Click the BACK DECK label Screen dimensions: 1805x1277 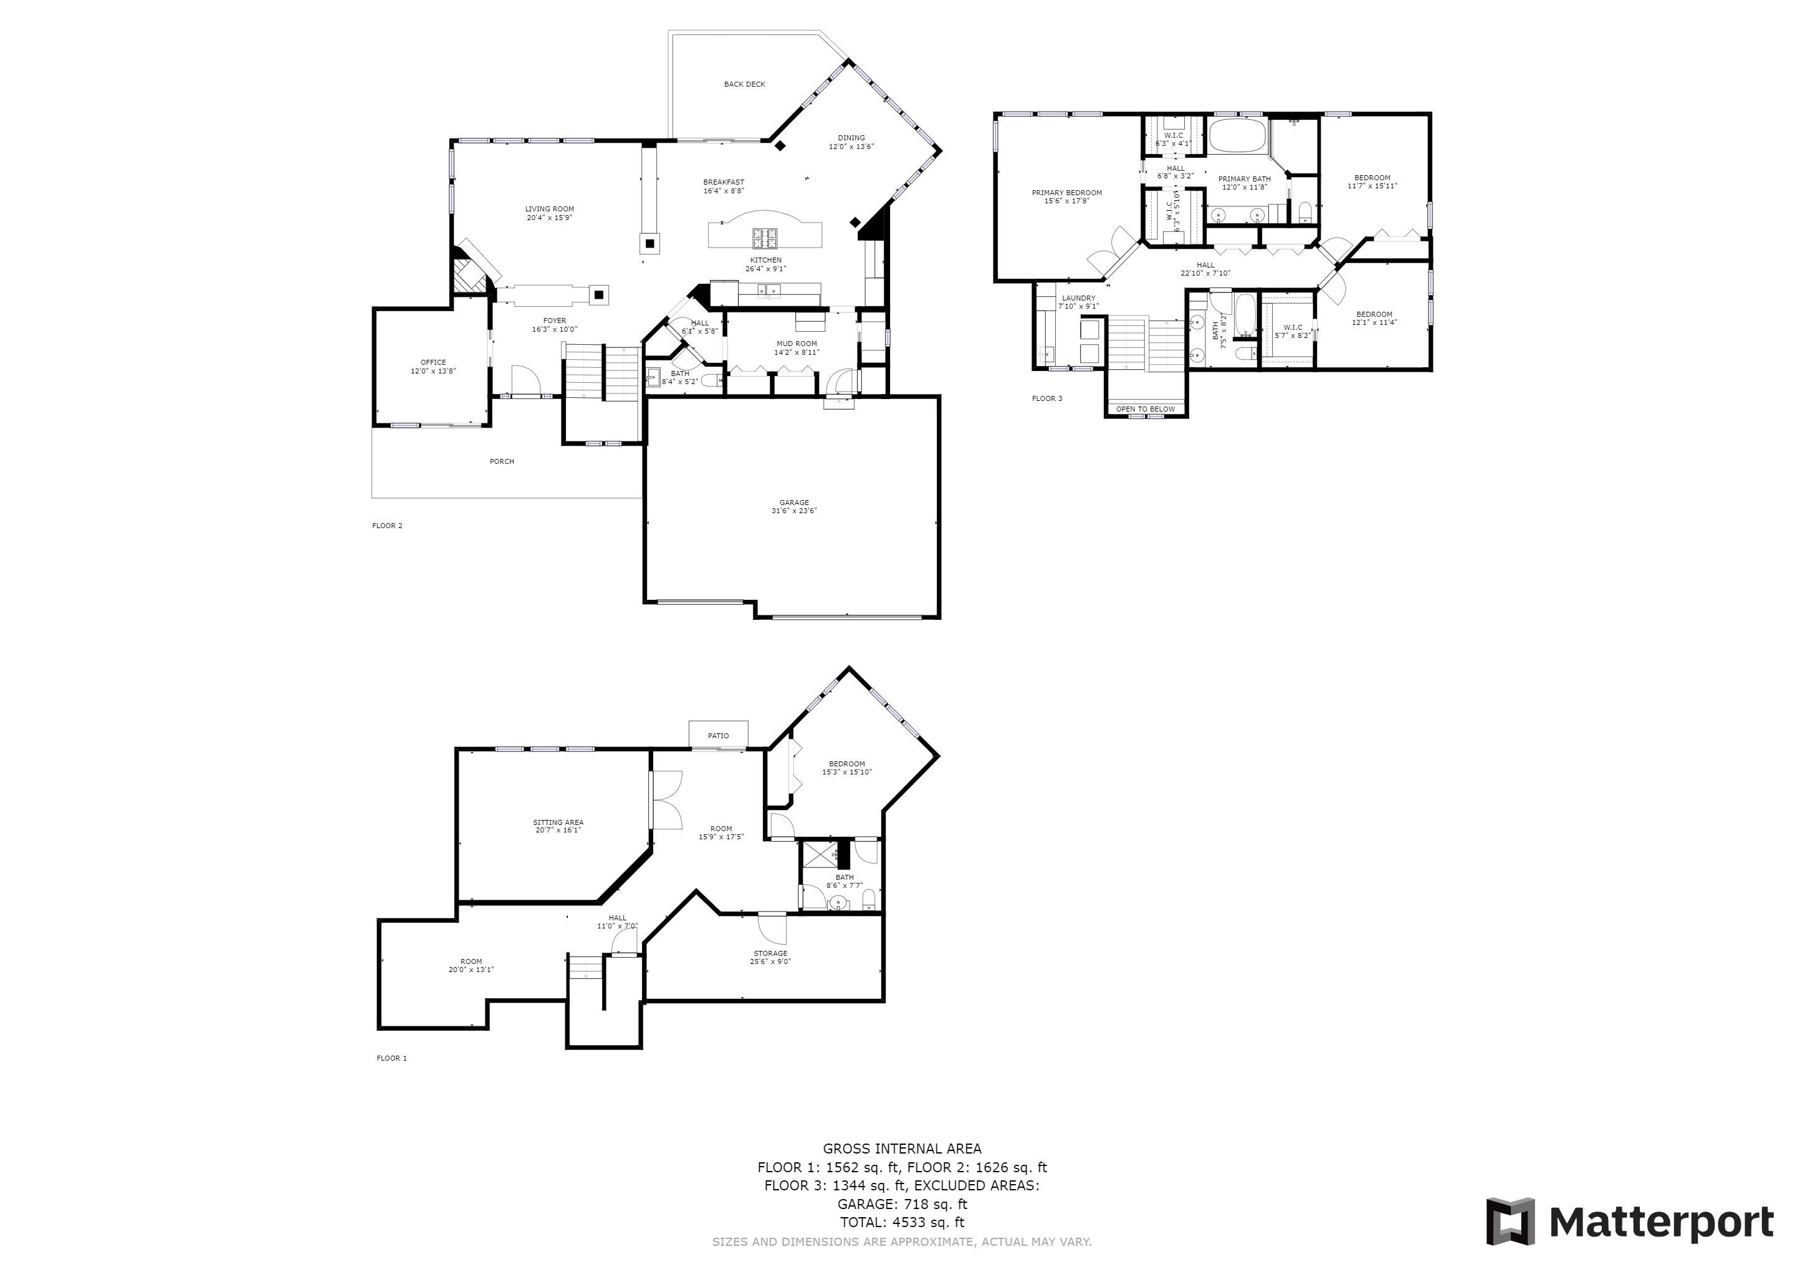pyautogui.click(x=744, y=84)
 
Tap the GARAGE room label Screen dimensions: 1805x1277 pyautogui.click(x=794, y=503)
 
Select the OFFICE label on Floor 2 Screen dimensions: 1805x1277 pyautogui.click(x=433, y=362)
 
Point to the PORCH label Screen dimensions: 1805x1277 pyautogui.click(x=502, y=461)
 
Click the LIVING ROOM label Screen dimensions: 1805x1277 pyautogui.click(x=550, y=209)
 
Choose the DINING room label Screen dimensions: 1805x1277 pyautogui.click(x=851, y=138)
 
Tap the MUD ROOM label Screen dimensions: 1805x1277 pyautogui.click(x=797, y=344)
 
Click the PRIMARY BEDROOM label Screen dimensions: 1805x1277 pyautogui.click(x=1067, y=193)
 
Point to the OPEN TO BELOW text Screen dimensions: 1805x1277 pyautogui.click(x=1146, y=409)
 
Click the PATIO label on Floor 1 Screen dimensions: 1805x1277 pyautogui.click(x=718, y=736)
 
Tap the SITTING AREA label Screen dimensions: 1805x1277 pyautogui.click(x=558, y=822)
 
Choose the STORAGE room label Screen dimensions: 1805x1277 pyautogui.click(x=770, y=953)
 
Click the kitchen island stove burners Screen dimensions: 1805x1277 pyautogui.click(x=764, y=234)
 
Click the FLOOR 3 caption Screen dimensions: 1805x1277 pyautogui.click(x=1046, y=398)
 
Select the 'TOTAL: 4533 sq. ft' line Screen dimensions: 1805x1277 pyautogui.click(x=902, y=1222)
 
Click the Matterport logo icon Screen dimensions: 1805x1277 pyautogui.click(x=1510, y=1221)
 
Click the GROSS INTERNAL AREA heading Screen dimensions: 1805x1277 pyautogui.click(x=902, y=1149)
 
